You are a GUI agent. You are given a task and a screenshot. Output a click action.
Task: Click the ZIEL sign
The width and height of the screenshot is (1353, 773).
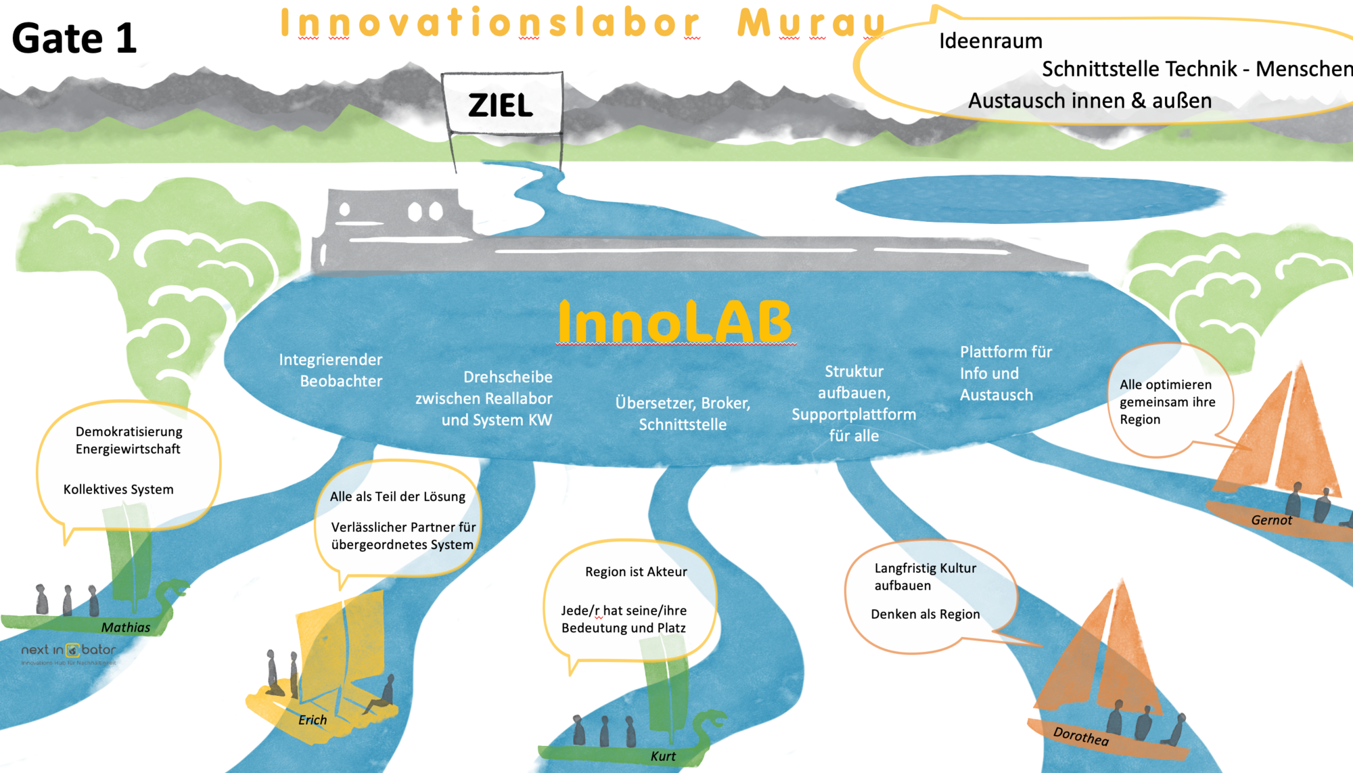point(501,104)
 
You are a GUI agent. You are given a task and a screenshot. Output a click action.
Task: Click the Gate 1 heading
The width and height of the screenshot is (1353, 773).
point(74,38)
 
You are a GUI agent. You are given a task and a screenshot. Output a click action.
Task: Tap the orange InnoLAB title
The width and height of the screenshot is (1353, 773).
point(674,322)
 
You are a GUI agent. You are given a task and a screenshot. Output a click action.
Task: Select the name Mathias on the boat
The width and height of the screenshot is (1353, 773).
point(126,627)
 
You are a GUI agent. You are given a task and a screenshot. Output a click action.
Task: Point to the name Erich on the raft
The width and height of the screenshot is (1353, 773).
point(313,720)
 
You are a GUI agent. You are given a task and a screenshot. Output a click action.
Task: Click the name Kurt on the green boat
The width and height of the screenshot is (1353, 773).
point(663,756)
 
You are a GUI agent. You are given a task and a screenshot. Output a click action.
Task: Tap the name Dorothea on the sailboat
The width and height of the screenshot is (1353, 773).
point(1081,736)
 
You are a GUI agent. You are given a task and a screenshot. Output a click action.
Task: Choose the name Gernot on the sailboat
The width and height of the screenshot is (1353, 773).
point(1271,520)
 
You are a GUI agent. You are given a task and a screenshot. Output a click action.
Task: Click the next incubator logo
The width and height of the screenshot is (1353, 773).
point(68,652)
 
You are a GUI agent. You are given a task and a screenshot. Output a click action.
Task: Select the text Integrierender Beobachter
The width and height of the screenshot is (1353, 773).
point(331,370)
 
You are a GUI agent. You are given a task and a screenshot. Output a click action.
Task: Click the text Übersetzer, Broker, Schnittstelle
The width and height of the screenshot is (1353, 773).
point(683,414)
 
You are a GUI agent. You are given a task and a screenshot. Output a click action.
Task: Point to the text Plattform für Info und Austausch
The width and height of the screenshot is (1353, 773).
point(1005,373)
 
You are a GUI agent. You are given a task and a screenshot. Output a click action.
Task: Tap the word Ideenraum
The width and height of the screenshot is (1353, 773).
point(990,41)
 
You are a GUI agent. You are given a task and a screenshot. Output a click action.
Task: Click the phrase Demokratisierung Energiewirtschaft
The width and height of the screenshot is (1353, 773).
point(129,440)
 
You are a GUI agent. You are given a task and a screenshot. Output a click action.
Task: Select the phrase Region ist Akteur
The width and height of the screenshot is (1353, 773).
point(636,571)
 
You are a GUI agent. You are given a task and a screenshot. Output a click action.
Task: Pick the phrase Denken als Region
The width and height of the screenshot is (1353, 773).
point(925,614)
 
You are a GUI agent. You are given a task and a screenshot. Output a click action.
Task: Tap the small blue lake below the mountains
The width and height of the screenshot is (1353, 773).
point(1028,198)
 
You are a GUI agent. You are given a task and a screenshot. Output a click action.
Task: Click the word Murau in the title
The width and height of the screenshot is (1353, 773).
point(812,23)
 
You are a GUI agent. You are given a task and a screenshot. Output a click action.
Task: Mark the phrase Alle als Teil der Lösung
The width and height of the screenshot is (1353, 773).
point(398,496)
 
